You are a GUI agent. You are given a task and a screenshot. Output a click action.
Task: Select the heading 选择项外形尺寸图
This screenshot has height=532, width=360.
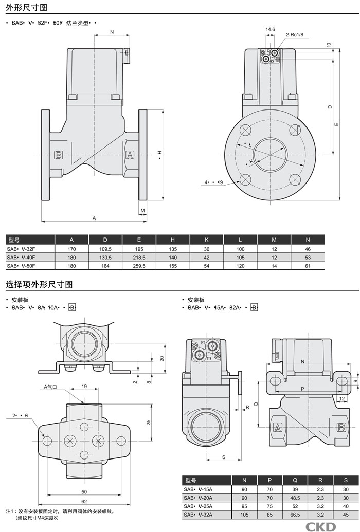click(x=39, y=284)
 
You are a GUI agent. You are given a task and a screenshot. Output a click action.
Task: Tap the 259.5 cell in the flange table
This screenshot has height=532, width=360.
click(x=139, y=266)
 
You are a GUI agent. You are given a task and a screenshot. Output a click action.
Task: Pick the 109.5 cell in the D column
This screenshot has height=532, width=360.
click(x=105, y=248)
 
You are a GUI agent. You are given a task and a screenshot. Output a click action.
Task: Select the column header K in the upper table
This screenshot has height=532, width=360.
click(x=207, y=240)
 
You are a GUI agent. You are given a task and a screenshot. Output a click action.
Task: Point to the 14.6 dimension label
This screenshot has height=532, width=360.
click(x=270, y=30)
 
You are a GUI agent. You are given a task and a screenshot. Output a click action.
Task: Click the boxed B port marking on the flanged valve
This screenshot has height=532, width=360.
click(x=58, y=155)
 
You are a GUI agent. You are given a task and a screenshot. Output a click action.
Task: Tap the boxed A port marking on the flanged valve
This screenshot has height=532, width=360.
click(x=130, y=155)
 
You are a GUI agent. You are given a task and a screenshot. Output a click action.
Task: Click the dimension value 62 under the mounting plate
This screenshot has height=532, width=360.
click(x=84, y=501)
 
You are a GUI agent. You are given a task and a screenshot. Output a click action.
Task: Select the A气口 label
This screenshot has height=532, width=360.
click(x=52, y=386)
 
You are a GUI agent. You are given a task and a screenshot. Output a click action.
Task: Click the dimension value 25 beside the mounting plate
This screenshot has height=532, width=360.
click(x=148, y=423)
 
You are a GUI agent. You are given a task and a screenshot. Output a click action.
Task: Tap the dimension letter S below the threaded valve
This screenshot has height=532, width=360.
click(x=224, y=457)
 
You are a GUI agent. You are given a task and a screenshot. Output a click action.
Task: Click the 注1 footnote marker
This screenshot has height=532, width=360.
click(x=11, y=511)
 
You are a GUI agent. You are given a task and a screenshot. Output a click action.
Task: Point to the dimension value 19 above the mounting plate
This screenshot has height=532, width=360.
click(x=84, y=386)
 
